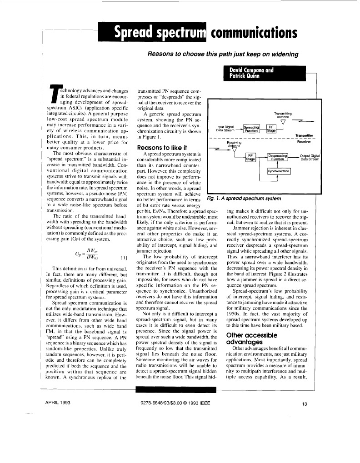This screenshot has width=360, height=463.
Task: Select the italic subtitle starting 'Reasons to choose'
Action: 223,54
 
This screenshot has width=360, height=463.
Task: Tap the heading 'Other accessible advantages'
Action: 251,326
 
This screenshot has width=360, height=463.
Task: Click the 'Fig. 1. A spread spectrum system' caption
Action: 244,199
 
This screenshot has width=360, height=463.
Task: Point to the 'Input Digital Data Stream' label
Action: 225,129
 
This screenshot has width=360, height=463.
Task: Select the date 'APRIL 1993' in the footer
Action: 57,403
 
